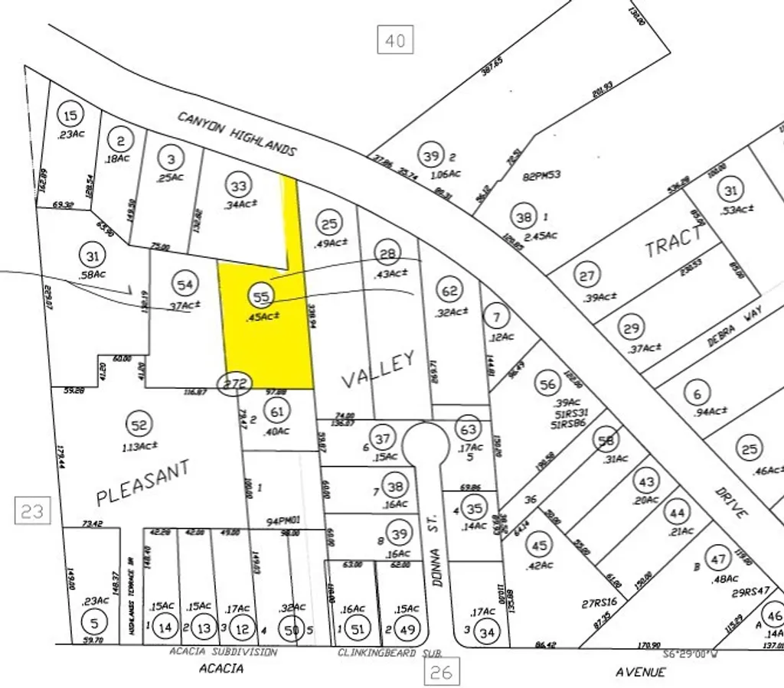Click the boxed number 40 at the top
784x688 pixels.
395,40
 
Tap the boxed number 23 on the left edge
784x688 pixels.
32,510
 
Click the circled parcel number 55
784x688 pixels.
262,296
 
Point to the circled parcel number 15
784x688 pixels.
70,116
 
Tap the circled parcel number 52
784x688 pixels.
139,423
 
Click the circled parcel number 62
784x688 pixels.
450,290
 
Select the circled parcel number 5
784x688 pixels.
93,622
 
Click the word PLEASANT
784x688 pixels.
142,484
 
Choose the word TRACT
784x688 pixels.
674,242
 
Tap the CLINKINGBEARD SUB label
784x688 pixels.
390,653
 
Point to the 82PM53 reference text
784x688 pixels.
542,174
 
